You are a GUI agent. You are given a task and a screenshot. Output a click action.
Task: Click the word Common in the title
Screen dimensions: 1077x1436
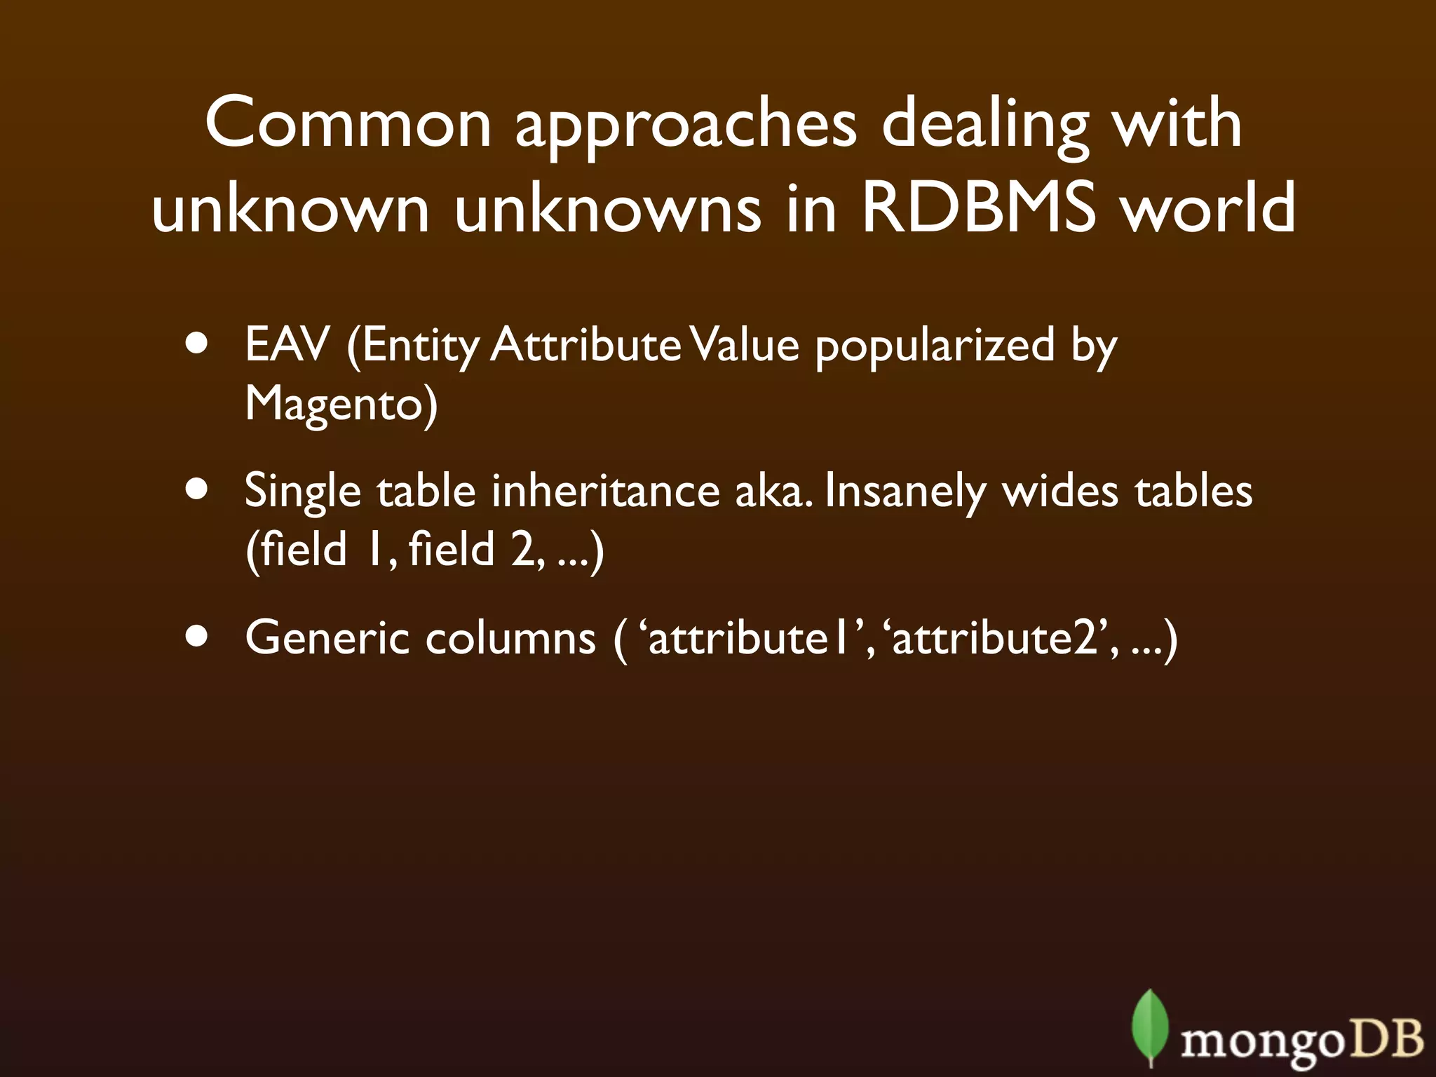tap(348, 123)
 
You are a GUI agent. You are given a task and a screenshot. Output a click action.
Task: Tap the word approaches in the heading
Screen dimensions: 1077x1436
tap(686, 126)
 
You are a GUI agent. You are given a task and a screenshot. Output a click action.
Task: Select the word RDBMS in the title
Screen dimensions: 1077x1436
tap(977, 209)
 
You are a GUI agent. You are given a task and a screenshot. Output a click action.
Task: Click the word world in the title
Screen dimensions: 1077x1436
tap(1208, 209)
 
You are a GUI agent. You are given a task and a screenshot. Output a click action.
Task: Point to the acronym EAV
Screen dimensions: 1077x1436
tap(287, 345)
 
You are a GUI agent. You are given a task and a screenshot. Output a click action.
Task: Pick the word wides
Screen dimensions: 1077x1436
tap(1060, 491)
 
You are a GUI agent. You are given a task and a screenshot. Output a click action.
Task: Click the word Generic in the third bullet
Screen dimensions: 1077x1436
tap(327, 638)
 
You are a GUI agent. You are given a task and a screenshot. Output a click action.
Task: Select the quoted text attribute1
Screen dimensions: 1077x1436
tap(754, 638)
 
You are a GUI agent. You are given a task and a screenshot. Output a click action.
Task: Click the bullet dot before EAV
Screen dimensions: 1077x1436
tap(198, 346)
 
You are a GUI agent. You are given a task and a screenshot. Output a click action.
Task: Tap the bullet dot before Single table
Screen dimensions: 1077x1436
tap(198, 490)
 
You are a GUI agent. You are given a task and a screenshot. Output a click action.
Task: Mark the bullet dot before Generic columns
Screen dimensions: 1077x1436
tap(198, 637)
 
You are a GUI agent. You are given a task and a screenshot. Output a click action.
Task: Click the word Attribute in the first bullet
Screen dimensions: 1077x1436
tap(585, 345)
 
